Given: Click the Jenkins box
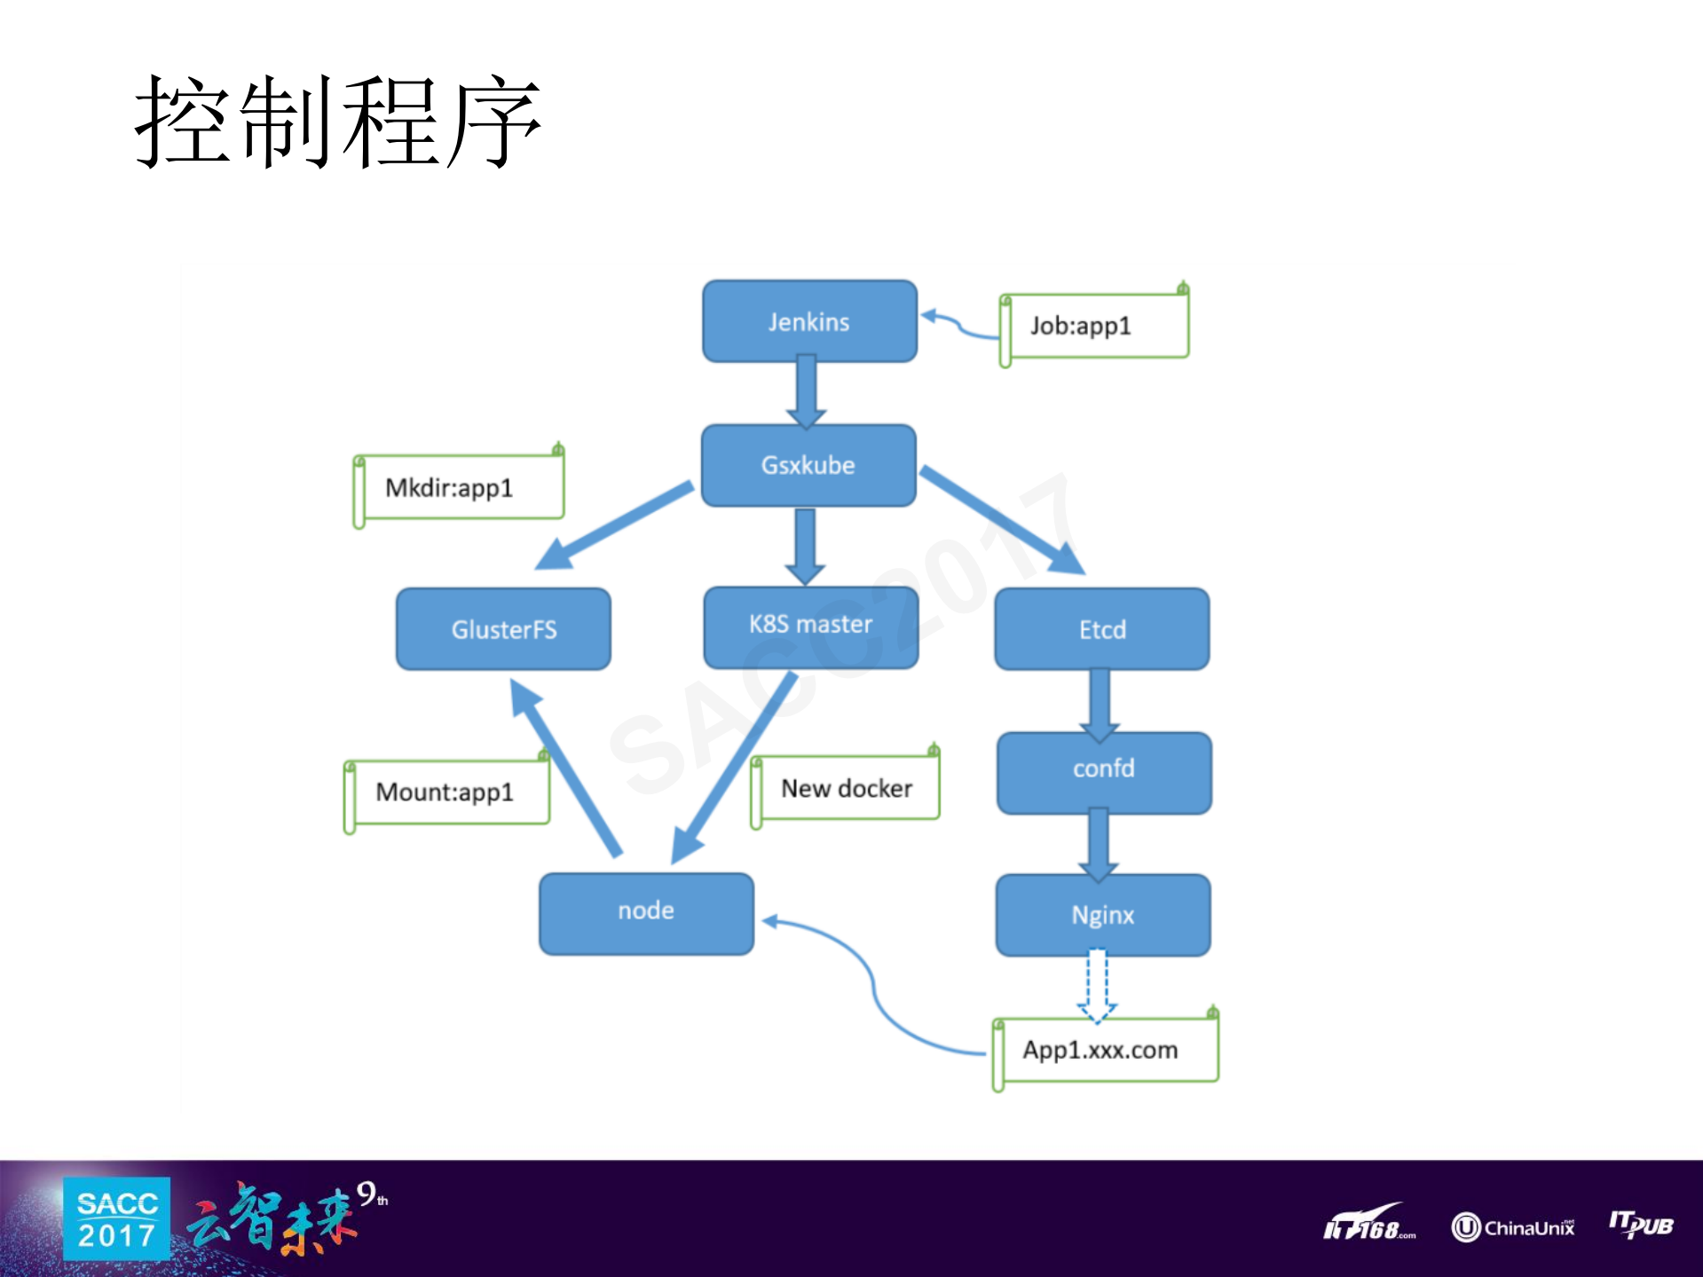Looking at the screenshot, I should (809, 321).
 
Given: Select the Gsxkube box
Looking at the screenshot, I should (808, 465).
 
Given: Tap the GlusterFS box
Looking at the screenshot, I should (503, 629).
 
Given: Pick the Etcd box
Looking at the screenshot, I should (1102, 629).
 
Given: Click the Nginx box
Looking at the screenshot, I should (1103, 915).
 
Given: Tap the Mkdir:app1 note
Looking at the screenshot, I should (460, 488).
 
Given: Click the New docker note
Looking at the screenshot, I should (846, 789).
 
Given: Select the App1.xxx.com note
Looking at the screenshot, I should (1105, 1051).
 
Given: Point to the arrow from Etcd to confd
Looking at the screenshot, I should (1100, 703).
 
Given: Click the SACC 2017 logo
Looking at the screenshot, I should (116, 1219).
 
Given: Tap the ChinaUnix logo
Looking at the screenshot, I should (1513, 1227).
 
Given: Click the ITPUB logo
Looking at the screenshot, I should (1641, 1225).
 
